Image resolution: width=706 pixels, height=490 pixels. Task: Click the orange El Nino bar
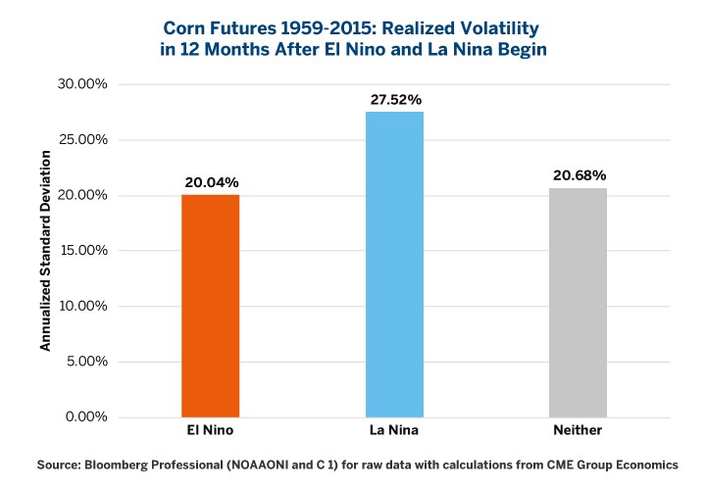click(211, 306)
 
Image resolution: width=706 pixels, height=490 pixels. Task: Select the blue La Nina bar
click(394, 265)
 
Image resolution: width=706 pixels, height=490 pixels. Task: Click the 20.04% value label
click(211, 182)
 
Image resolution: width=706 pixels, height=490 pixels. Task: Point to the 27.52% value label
click(394, 99)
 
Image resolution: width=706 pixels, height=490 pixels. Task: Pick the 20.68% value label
click(578, 174)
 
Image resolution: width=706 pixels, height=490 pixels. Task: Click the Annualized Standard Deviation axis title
click(45, 251)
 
